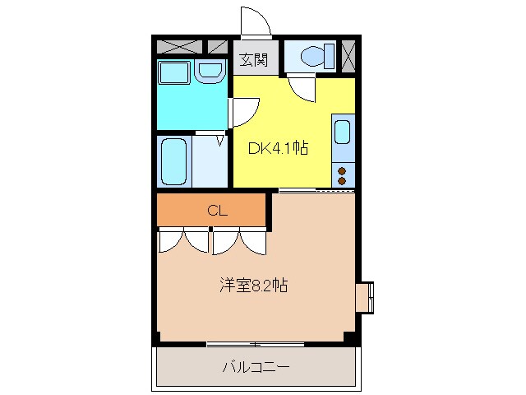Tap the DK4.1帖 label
[279, 149]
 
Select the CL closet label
[216, 211]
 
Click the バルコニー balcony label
[256, 367]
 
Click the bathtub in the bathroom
[173, 161]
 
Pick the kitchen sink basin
[343, 132]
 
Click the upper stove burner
[343, 170]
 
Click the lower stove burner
[343, 180]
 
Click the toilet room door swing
[301, 89]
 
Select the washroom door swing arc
[246, 110]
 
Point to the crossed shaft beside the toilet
[348, 56]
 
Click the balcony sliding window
[256, 342]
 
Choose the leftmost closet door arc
[172, 239]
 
